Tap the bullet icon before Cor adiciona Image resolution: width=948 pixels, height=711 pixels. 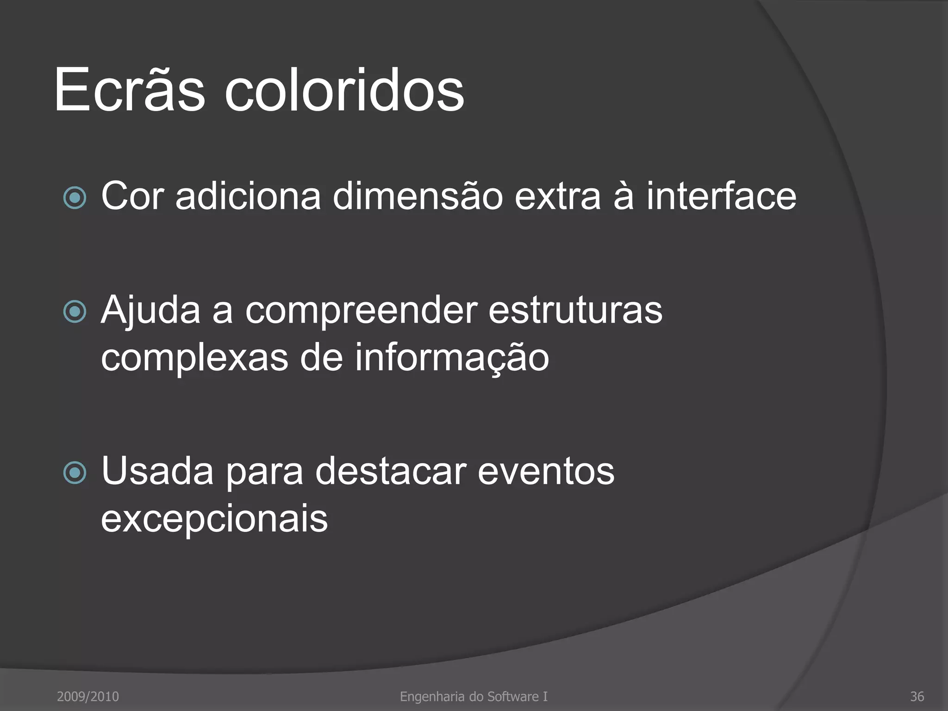(x=75, y=198)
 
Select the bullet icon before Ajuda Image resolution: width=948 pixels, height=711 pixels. (x=75, y=312)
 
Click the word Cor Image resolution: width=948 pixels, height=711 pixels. (x=132, y=196)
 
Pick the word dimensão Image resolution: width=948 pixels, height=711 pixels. (x=418, y=196)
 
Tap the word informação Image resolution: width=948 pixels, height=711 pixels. (x=452, y=358)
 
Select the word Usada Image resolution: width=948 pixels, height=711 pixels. (x=157, y=471)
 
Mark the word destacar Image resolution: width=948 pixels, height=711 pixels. (x=390, y=471)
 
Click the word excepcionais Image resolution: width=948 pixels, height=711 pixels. (x=214, y=519)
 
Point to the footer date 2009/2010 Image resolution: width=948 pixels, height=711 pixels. (x=87, y=696)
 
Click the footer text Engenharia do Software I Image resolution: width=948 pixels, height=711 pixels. (x=474, y=696)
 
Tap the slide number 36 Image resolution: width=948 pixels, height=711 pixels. (x=917, y=696)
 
